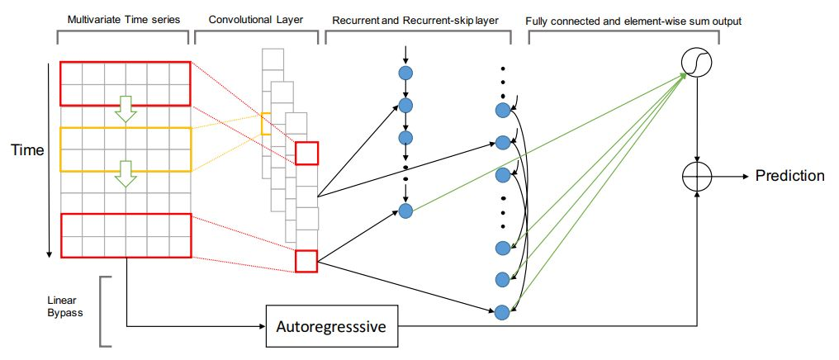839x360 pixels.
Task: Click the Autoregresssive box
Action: tap(330, 327)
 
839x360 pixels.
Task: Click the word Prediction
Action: tap(789, 176)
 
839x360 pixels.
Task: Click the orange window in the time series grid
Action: tap(126, 148)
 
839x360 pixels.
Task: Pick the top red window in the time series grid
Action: tap(126, 83)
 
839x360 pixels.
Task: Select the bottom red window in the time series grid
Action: tap(126, 234)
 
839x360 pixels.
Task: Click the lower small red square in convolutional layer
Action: tap(306, 261)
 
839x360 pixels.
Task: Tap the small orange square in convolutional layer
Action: tap(266, 124)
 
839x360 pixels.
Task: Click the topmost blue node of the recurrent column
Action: tap(405, 73)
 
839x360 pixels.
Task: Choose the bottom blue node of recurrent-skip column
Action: tap(500, 311)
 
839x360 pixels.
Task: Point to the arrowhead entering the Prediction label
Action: tap(746, 177)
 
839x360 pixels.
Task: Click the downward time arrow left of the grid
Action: tap(50, 165)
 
